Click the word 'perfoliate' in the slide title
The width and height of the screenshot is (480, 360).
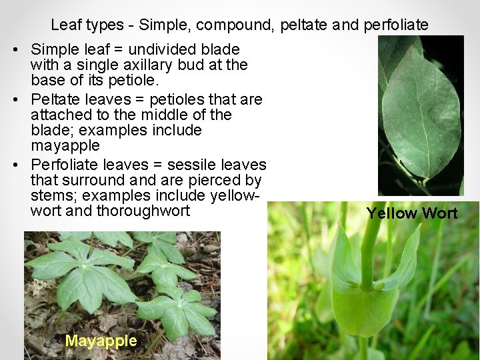click(396, 25)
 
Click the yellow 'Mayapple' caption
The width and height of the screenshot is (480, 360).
click(101, 341)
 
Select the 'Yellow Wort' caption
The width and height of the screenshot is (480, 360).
click(412, 213)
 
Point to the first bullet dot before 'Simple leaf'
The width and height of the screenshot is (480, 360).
click(15, 50)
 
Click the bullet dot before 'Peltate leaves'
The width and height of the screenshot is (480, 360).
click(15, 100)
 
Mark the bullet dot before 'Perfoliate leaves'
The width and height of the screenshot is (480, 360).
click(15, 165)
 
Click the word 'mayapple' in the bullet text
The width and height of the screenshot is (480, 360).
click(65, 145)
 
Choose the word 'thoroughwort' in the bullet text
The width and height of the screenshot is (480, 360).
click(143, 211)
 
